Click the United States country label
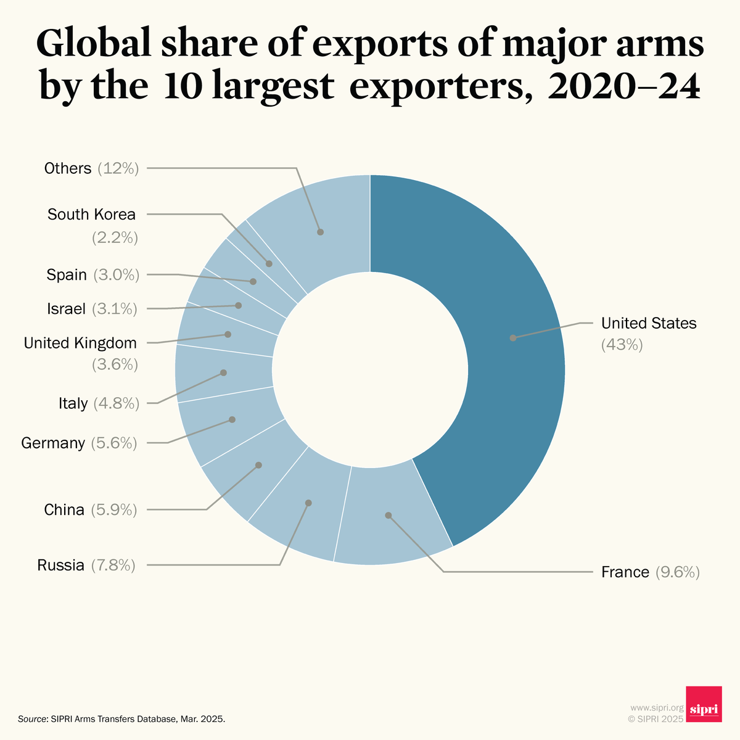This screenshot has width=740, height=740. (648, 323)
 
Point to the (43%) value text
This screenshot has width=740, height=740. (622, 345)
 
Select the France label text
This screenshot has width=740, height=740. (625, 572)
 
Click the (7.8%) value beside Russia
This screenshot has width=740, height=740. (113, 565)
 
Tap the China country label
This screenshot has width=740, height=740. (64, 510)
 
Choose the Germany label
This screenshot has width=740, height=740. (53, 443)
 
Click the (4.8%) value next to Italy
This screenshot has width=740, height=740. (117, 403)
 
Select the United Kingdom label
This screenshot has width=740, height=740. (80, 343)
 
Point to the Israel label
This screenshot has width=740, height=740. (66, 309)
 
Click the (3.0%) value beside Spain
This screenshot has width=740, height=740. (117, 275)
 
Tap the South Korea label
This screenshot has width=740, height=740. (91, 215)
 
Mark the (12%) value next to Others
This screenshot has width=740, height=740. (118, 168)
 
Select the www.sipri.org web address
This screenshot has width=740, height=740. (657, 707)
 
